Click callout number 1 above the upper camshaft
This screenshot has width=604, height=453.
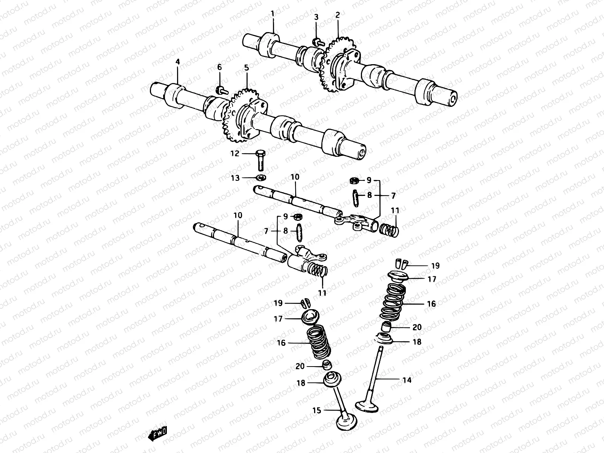tap(272, 14)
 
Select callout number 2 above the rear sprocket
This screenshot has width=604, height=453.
tap(337, 15)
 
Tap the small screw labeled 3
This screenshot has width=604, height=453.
tap(317, 42)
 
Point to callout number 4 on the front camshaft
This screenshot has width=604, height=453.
tap(177, 61)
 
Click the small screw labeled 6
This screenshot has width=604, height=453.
tap(221, 90)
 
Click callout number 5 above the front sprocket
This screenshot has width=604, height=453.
tap(246, 68)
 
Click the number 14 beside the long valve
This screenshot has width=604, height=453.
tap(407, 380)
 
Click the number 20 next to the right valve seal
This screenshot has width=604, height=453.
tap(417, 327)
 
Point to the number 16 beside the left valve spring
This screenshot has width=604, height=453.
tap(281, 343)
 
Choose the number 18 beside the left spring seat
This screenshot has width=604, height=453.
tap(301, 383)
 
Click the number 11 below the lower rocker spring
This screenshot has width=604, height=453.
tap(322, 293)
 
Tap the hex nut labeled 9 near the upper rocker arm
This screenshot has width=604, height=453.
tap(354, 180)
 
